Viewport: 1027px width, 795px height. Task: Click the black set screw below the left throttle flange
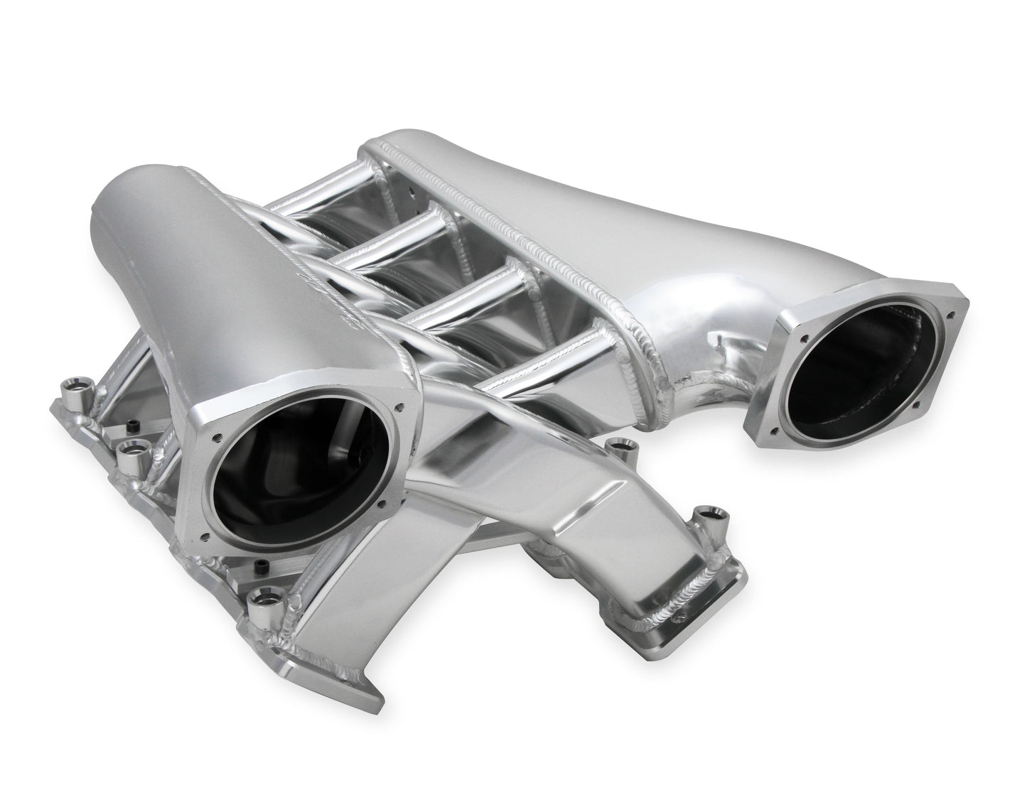coord(261,566)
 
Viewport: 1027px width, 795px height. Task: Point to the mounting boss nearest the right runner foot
coord(709,515)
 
